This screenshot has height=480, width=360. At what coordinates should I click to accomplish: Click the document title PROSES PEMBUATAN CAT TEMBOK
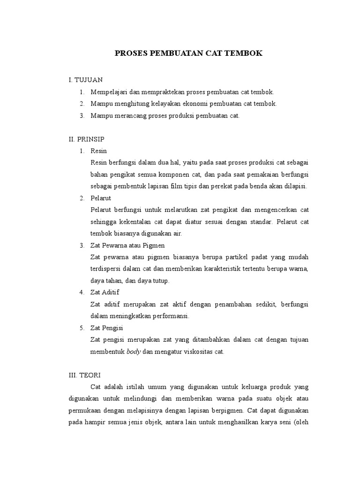(189, 53)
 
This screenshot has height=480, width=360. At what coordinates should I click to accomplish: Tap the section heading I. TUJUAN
(85, 80)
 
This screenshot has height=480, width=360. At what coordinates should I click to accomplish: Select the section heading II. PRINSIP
(86, 139)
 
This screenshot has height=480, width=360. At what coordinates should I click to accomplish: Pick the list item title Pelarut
(101, 198)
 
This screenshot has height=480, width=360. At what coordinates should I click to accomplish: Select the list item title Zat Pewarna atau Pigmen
(127, 245)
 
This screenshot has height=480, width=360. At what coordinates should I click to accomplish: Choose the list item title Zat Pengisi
(107, 328)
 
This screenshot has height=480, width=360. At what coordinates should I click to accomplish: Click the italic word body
(134, 352)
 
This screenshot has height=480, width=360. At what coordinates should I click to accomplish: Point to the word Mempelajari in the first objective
(108, 92)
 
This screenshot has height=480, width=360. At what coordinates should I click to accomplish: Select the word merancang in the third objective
(127, 115)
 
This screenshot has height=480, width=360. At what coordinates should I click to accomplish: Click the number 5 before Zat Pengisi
(81, 328)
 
